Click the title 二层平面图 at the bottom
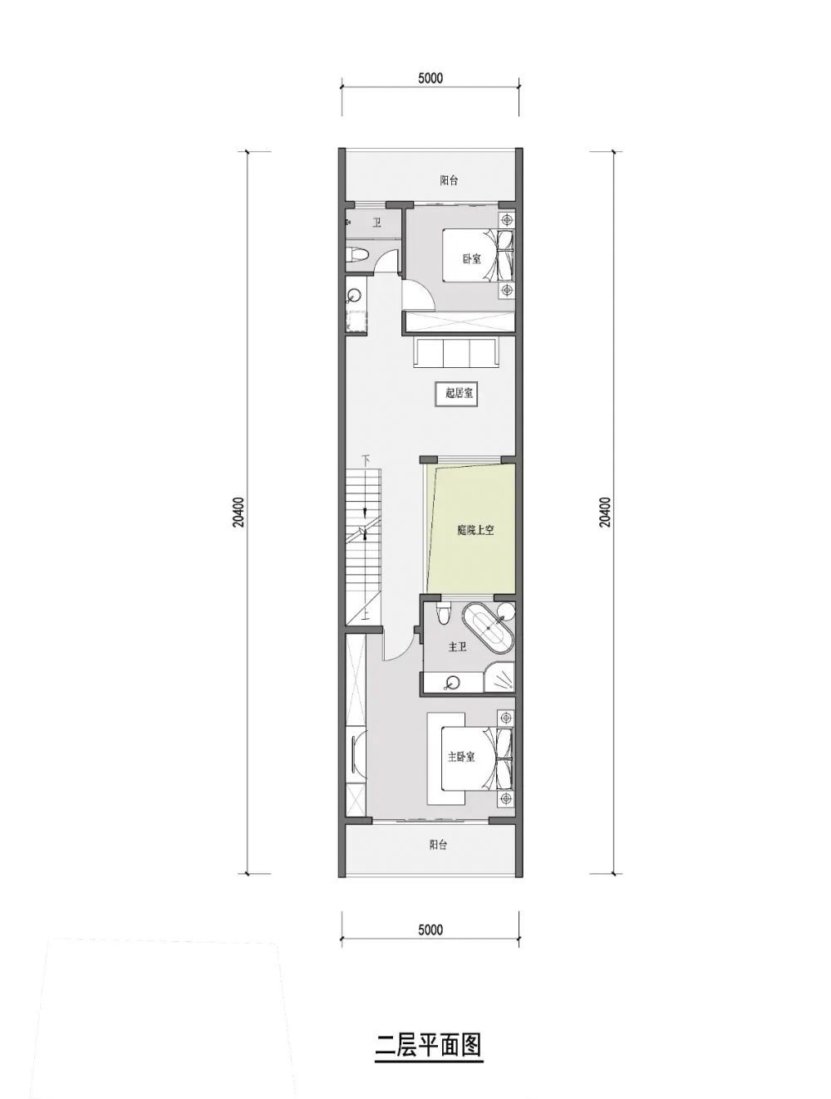pos(429,1045)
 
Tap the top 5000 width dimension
pos(430,79)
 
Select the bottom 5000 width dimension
pos(430,930)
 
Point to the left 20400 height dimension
pos(238,513)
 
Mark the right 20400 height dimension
pos(606,513)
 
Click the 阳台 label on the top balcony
pos(449,180)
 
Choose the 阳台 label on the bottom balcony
pos(438,845)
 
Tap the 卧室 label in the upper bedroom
pos(471,258)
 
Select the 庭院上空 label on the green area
pos(475,530)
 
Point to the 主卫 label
pos(457,646)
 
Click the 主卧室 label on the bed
pos(461,757)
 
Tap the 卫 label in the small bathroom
pos(376,222)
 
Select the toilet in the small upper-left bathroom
pos(356,255)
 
